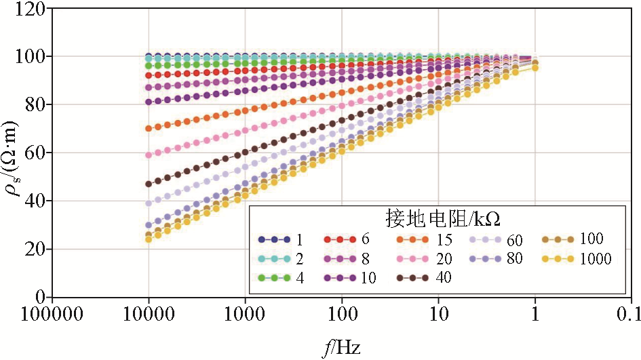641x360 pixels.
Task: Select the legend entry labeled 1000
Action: tap(577, 258)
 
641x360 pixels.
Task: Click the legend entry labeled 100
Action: tap(577, 239)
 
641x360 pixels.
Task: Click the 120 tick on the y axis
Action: tap(32, 9)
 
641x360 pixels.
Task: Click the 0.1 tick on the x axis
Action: tap(631, 316)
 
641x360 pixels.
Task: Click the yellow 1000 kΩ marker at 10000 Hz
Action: tap(149, 239)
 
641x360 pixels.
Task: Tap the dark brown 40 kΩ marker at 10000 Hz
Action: tap(149, 184)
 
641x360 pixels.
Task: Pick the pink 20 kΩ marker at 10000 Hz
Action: tap(149, 155)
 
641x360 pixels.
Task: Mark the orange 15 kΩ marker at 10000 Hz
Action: tap(149, 128)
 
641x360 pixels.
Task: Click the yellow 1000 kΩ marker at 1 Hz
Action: tap(535, 68)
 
